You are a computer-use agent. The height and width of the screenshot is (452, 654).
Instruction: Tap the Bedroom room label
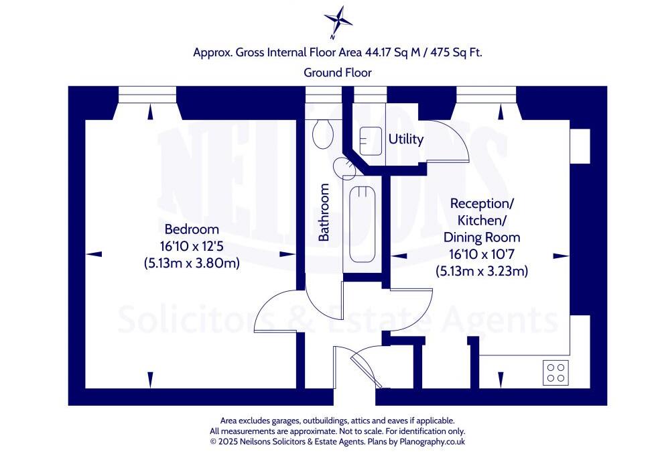coord(192,228)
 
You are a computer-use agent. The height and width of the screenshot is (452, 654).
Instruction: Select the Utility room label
coord(406,139)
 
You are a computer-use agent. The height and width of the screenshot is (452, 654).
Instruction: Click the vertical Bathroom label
coord(324,213)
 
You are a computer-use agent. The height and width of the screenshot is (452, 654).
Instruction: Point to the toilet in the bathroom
coord(322,134)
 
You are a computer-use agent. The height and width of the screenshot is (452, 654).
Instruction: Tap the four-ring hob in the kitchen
coord(555,372)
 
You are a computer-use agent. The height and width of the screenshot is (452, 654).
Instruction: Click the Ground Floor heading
coord(338,72)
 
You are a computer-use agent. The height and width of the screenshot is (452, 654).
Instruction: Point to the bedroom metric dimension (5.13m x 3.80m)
coord(192,263)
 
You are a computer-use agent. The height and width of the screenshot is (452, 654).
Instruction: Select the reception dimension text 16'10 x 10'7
coord(481,254)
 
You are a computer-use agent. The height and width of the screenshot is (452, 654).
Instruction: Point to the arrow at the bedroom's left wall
coord(94,253)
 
